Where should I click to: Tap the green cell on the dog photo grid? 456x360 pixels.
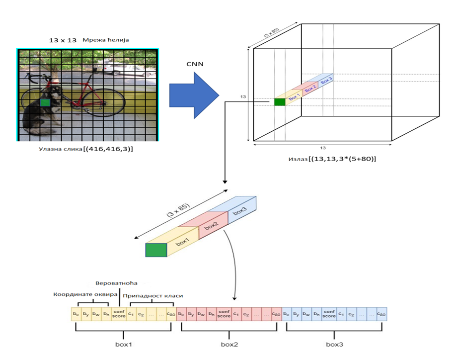point(46,103)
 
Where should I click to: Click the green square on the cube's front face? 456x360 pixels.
point(280,102)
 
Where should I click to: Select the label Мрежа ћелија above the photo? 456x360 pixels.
point(106,40)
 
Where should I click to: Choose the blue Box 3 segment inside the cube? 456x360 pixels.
point(326,80)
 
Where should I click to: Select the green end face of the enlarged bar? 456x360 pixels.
point(156,250)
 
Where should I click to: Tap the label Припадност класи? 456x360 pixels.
point(150,295)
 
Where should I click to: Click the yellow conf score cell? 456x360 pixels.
point(118,314)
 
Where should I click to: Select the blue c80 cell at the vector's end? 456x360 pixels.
point(381,314)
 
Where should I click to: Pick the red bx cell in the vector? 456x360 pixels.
point(181,314)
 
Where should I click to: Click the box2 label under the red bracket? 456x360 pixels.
point(230,344)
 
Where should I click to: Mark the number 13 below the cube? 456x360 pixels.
point(322,148)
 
